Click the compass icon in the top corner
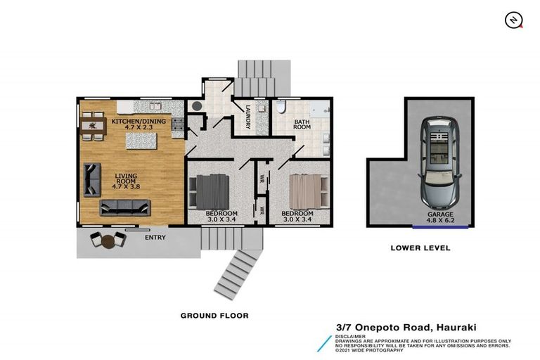pos(514,20)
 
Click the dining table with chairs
pos(91,127)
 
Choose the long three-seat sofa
pos(125,207)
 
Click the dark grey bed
pos(209,189)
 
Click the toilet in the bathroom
pos(280,108)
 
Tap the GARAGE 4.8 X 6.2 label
pos(440,217)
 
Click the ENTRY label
pos(155,238)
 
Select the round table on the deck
pos(108,241)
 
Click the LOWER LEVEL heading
pos(420,248)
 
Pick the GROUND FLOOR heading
pos(214,316)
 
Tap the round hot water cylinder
pos(196,107)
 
